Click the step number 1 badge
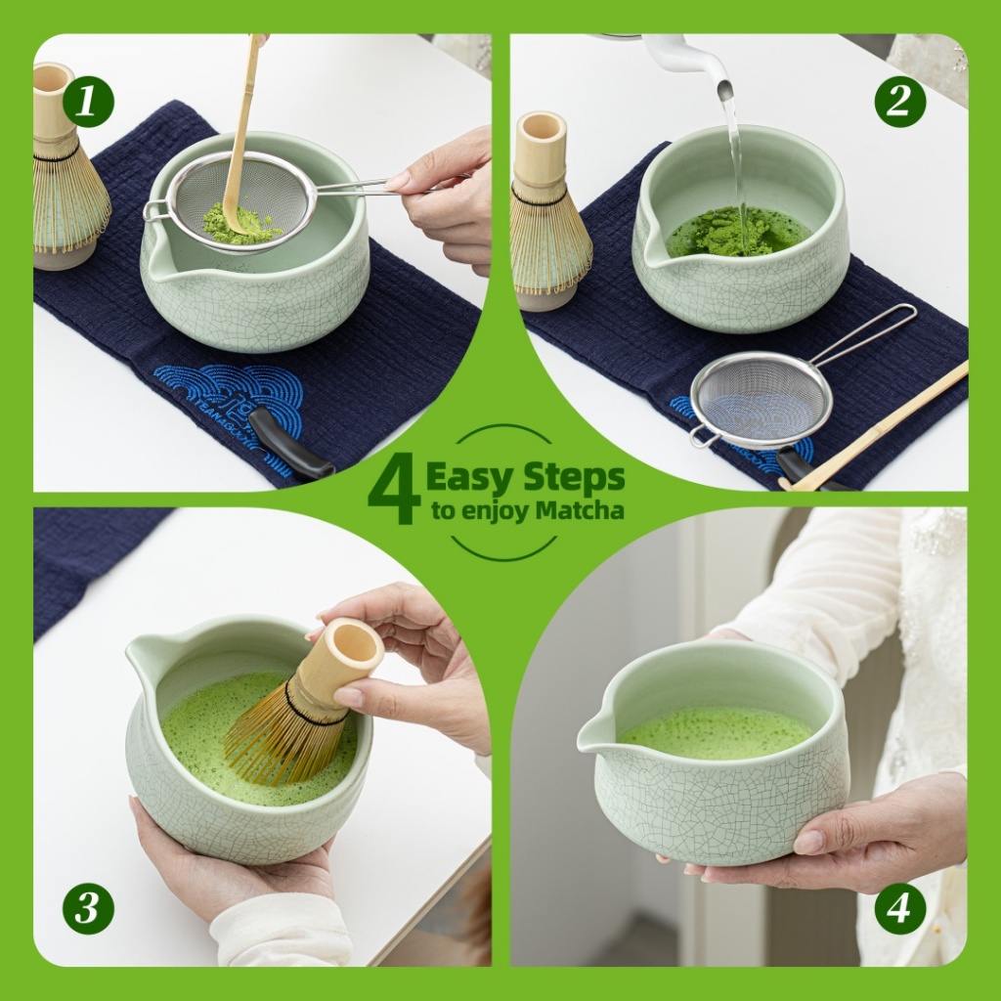click(88, 102)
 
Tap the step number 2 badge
click(900, 102)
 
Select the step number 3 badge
click(88, 908)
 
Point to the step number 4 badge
click(900, 908)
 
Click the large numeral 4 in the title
click(395, 493)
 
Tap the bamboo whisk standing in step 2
click(547, 211)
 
